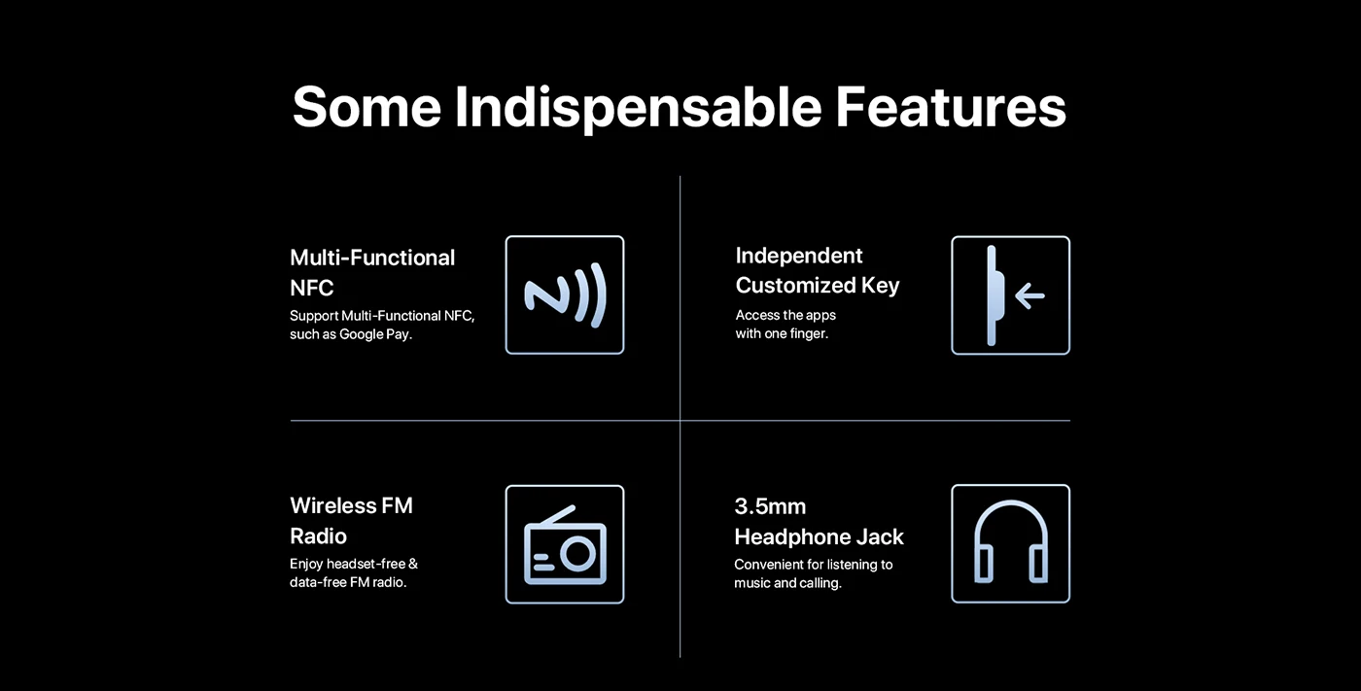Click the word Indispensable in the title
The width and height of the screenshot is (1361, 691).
(x=638, y=108)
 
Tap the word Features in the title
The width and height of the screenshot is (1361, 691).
(x=951, y=107)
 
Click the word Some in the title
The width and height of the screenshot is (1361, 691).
(x=366, y=107)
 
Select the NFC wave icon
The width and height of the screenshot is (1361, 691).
(x=565, y=295)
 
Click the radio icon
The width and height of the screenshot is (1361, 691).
(x=565, y=544)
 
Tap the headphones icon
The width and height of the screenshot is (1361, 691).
(x=1011, y=541)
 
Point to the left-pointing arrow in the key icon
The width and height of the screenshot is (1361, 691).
(x=1029, y=295)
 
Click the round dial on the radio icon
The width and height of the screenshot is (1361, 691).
(x=577, y=554)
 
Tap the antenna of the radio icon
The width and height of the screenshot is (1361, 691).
(x=557, y=515)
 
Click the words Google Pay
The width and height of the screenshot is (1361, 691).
(x=375, y=334)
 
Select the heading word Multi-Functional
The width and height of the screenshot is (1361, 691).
(x=371, y=258)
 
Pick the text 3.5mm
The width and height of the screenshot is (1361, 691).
(x=770, y=506)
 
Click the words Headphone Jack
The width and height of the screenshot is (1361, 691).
(x=819, y=536)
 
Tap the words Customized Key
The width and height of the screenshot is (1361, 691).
(x=818, y=286)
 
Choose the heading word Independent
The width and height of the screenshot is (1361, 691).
(x=799, y=256)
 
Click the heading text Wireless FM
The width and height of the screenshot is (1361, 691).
(x=351, y=505)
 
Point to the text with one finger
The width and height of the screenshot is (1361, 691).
(x=782, y=333)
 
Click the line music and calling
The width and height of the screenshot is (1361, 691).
(x=788, y=583)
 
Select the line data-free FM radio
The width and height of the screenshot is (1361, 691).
(x=348, y=582)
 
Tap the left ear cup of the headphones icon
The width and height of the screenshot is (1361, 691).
(x=984, y=564)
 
